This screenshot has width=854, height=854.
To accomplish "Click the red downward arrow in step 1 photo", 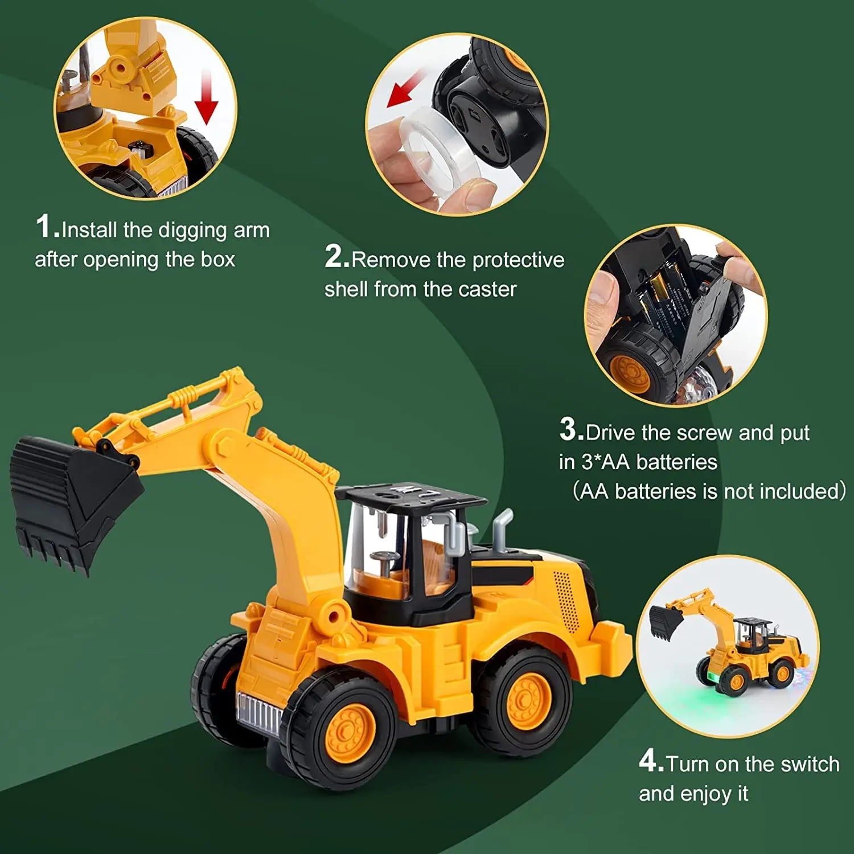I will (x=206, y=97).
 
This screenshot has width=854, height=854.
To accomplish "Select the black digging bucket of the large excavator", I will (x=68, y=495).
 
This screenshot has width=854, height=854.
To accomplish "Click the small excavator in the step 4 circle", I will (x=729, y=646).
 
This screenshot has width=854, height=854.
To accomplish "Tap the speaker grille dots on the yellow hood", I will (x=564, y=598).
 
